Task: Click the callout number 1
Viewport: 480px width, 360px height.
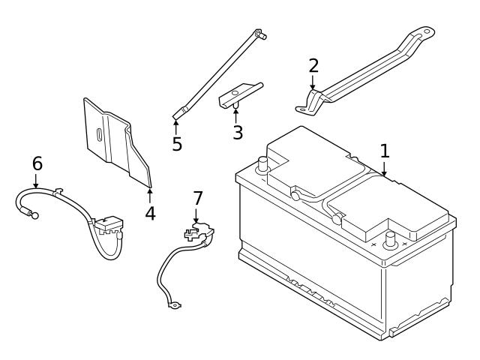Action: pyautogui.click(x=385, y=151)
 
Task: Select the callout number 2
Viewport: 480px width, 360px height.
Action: pyautogui.click(x=313, y=65)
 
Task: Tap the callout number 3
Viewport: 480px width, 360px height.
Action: pyautogui.click(x=238, y=133)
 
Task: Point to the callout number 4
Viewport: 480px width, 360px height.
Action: pyautogui.click(x=150, y=213)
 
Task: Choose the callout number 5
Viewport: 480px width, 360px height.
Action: pyautogui.click(x=177, y=144)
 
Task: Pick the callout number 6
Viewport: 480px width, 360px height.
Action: pyautogui.click(x=37, y=163)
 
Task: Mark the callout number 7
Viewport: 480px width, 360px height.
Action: pyautogui.click(x=198, y=198)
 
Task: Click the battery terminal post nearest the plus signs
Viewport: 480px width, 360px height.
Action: pyautogui.click(x=390, y=240)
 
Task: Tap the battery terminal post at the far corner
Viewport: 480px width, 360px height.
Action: pyautogui.click(x=262, y=165)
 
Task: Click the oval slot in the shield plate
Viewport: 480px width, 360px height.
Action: pyautogui.click(x=100, y=135)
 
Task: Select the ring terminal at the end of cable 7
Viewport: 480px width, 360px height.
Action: pyautogui.click(x=175, y=305)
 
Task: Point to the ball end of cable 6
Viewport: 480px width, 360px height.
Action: pyautogui.click(x=35, y=215)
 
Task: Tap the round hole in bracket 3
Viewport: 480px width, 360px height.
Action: pyautogui.click(x=235, y=92)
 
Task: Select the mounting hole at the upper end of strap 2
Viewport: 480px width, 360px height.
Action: pyautogui.click(x=426, y=31)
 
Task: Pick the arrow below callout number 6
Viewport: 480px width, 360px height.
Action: pyautogui.click(x=36, y=181)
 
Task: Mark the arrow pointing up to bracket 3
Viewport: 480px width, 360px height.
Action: pyautogui.click(x=235, y=115)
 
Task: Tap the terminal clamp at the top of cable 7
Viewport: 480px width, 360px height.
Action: pyautogui.click(x=199, y=232)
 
